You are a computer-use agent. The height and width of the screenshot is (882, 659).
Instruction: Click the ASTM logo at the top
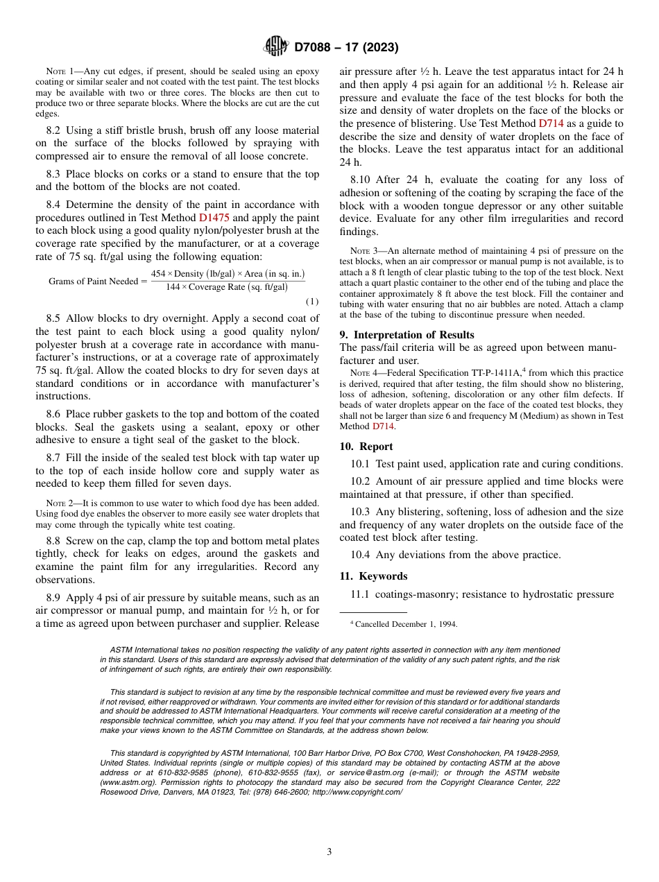[275, 47]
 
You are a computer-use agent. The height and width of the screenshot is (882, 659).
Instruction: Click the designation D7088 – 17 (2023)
[346, 47]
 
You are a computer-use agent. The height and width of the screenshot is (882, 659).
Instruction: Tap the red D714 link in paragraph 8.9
[551, 123]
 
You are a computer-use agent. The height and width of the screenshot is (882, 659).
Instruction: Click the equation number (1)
[312, 302]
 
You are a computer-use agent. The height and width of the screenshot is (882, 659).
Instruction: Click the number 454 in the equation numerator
[159, 274]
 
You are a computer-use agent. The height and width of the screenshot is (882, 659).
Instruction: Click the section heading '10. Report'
[366, 447]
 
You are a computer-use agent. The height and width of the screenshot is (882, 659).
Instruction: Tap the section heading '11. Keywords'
[373, 576]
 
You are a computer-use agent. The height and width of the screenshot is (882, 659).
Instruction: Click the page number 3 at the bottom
[329, 851]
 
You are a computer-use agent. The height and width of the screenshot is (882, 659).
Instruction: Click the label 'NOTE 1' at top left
[59, 71]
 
